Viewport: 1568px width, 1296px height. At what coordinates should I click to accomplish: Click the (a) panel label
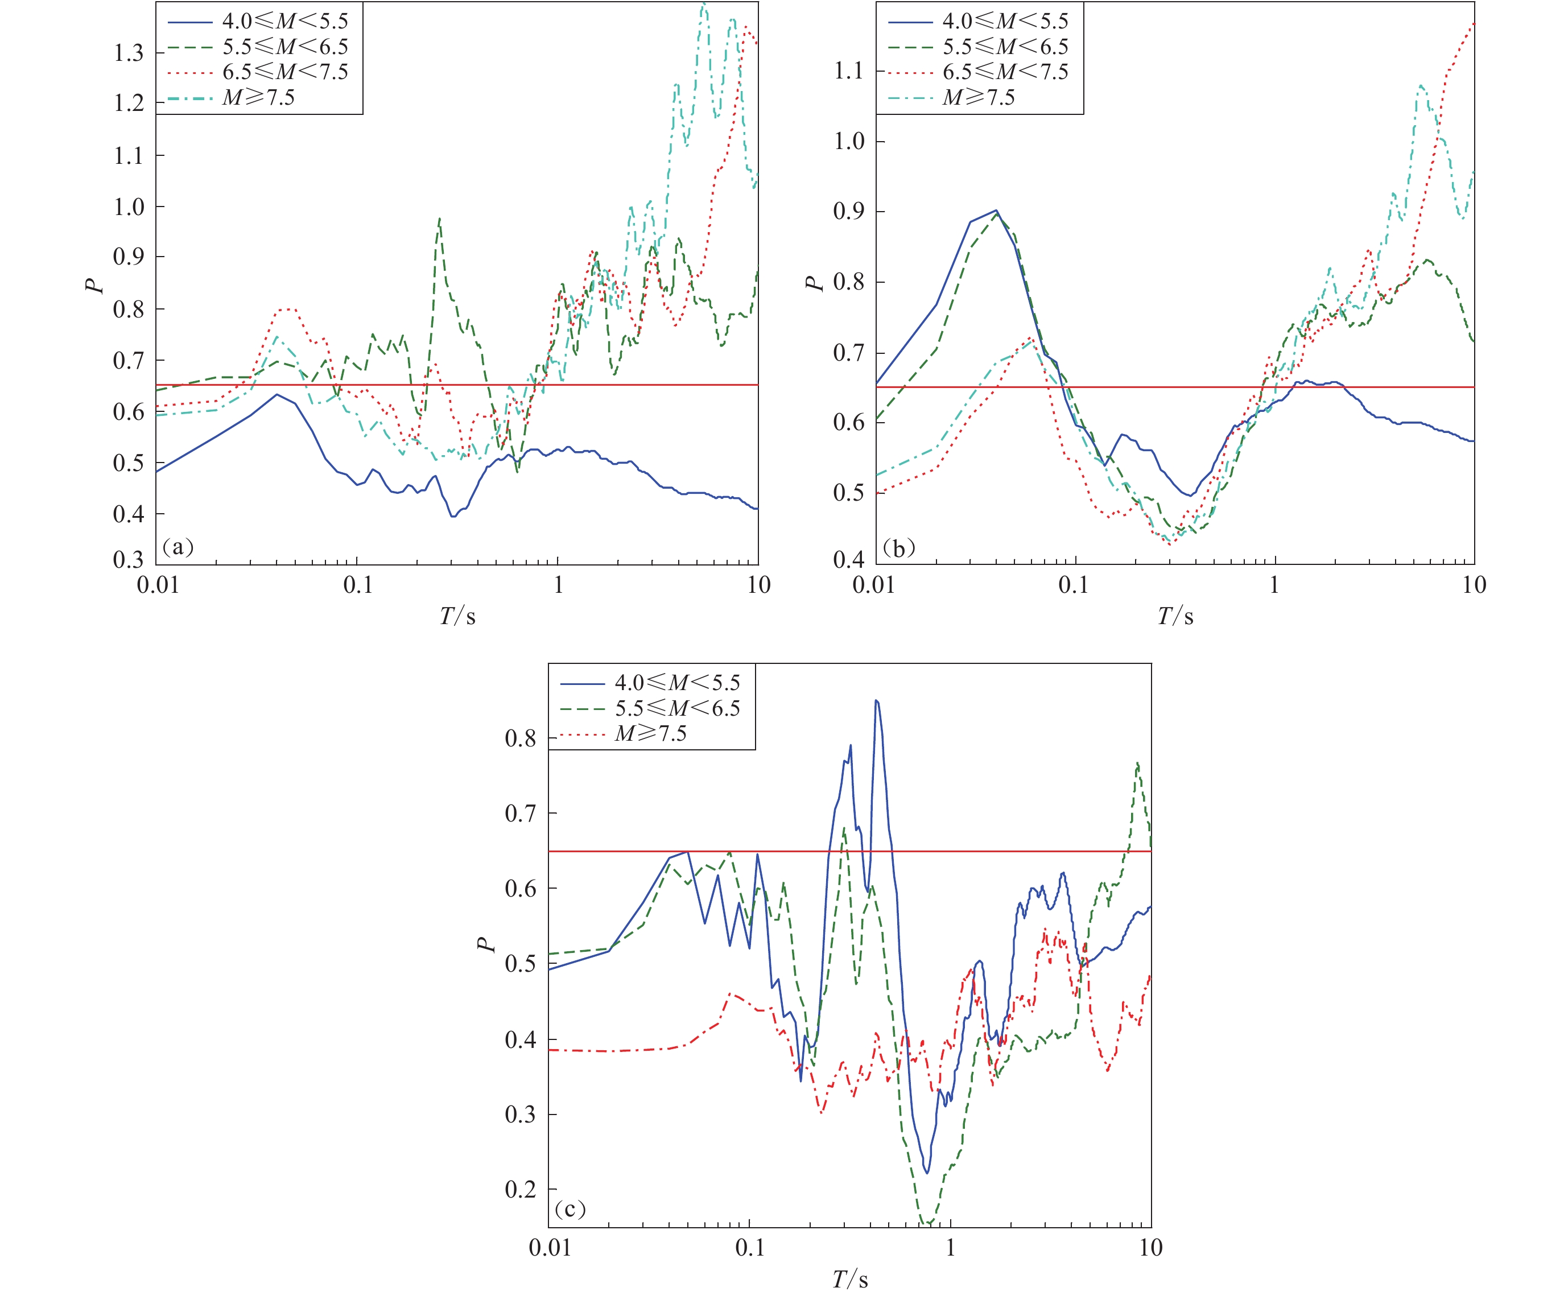178,547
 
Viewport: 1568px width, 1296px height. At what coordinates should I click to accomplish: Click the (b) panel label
898,548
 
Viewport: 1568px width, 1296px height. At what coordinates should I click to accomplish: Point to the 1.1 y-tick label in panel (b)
848,71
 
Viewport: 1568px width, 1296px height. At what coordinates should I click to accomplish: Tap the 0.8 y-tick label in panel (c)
521,738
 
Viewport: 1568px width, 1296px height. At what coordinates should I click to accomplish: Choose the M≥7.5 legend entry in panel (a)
258,98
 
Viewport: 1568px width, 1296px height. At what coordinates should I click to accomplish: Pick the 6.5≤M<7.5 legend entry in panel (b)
1005,72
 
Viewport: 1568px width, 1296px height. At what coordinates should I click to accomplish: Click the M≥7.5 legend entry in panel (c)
650,734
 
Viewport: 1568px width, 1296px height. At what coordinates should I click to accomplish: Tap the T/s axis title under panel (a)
457,616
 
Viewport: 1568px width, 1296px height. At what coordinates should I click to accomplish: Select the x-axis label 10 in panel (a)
758,584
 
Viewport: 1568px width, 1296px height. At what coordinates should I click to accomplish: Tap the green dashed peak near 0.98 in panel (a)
439,218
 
